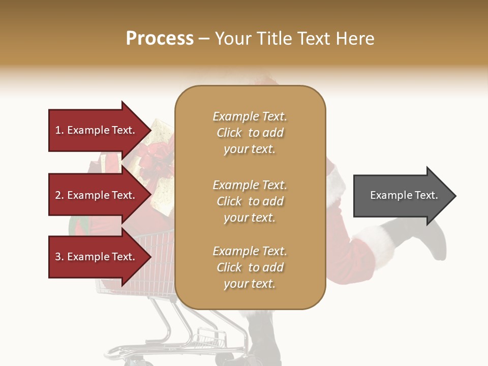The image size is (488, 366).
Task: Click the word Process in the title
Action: [160, 38]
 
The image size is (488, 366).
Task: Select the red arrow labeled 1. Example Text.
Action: [97, 130]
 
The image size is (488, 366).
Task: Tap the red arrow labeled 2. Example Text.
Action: [97, 195]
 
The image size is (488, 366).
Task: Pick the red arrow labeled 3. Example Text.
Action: [97, 257]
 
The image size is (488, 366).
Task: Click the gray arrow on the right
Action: [402, 196]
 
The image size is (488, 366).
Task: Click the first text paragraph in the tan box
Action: [250, 133]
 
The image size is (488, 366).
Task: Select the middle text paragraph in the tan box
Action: [250, 201]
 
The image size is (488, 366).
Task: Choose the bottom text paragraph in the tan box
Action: [250, 267]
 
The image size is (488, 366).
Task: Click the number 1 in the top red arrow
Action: [58, 130]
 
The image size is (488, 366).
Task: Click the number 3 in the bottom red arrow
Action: [58, 257]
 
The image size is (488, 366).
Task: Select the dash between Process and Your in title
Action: [204, 39]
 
